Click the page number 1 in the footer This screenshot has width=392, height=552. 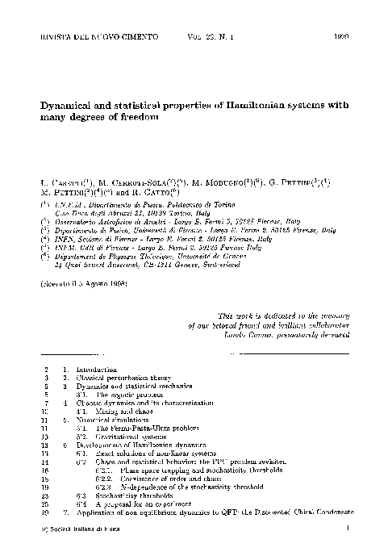[345, 529]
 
